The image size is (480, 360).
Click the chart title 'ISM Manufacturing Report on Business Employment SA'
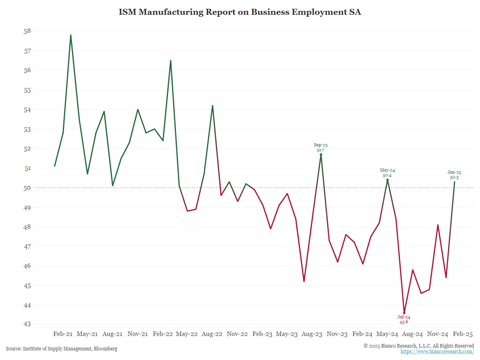[x=240, y=12]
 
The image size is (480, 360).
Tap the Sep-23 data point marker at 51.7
[x=321, y=154]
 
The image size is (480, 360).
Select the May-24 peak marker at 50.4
[x=387, y=180]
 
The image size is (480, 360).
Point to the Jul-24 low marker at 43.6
[x=404, y=313]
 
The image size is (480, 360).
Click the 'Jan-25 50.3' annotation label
[x=454, y=175]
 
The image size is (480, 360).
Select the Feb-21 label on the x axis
[x=63, y=334]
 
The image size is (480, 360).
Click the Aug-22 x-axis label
[x=212, y=334]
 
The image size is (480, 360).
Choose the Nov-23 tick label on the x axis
[x=337, y=334]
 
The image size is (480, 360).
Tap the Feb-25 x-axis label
[x=463, y=334]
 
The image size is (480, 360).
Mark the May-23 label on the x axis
[x=287, y=334]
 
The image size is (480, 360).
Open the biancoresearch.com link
[x=437, y=352]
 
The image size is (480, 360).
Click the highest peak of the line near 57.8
[x=71, y=35]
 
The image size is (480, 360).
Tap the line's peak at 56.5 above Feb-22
[x=171, y=61]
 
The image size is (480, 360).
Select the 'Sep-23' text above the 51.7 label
[x=321, y=145]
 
